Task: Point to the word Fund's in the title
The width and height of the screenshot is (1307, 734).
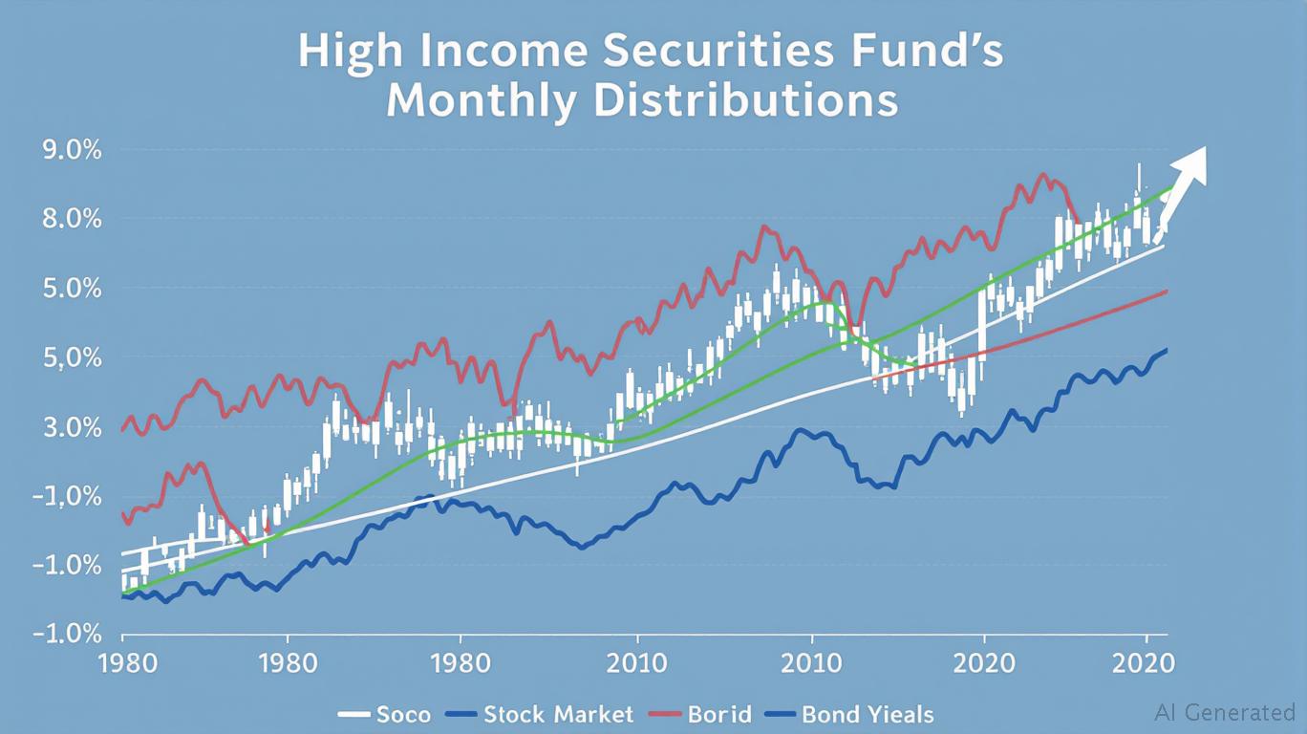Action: point(937,54)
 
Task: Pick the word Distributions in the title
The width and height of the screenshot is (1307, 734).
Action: point(745,101)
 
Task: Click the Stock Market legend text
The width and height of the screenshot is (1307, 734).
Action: point(558,714)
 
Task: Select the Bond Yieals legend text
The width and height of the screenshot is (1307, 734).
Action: point(868,714)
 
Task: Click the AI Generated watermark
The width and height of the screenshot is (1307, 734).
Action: point(1225,712)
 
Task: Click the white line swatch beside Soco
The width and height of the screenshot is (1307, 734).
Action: point(354,714)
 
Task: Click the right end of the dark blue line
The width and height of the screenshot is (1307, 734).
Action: point(1167,350)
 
